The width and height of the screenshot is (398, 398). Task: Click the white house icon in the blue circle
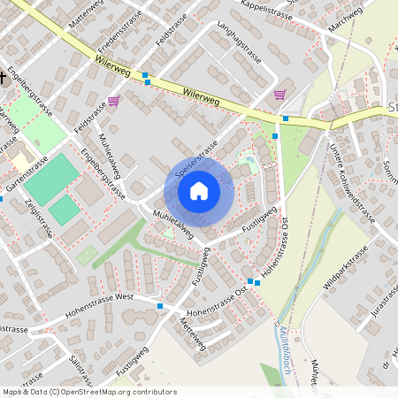pyautogui.click(x=199, y=190)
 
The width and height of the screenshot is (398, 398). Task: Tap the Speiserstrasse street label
pyautogui.click(x=197, y=161)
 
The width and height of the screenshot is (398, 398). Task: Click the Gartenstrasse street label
pyautogui.click(x=25, y=176)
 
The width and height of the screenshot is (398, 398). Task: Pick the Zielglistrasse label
pyautogui.click(x=41, y=221)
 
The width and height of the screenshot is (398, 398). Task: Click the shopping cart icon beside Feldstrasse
pyautogui.click(x=113, y=100)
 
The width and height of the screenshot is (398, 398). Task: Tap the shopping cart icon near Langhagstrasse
pyautogui.click(x=279, y=94)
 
